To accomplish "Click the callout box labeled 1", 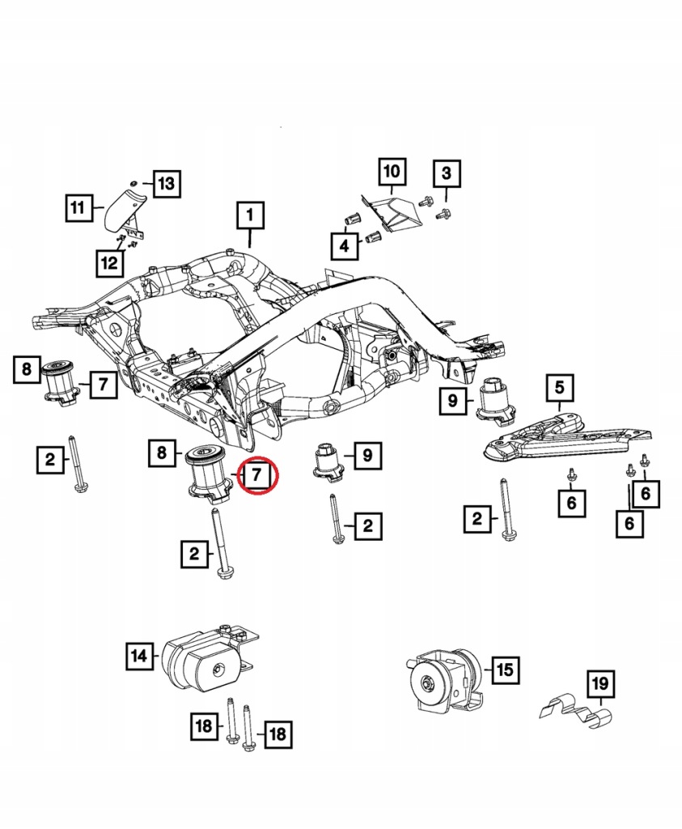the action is [x=250, y=215].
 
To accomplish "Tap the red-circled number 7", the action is [x=256, y=474].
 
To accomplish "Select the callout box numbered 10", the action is [x=392, y=172].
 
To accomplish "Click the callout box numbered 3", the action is [x=447, y=173].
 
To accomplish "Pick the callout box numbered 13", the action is [x=167, y=184].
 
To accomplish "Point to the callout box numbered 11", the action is [x=78, y=208].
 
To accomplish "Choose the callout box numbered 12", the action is [x=109, y=263].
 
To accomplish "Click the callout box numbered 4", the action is [x=345, y=245].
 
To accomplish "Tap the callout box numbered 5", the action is [x=559, y=388].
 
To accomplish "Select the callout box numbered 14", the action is [x=139, y=656].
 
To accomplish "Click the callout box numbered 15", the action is [x=505, y=670].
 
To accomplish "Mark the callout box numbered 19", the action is [x=600, y=683].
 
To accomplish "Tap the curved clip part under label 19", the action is [x=577, y=714].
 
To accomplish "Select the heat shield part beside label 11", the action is [x=125, y=210].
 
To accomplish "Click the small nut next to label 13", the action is [x=134, y=182].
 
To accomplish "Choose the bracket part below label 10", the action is [x=392, y=213].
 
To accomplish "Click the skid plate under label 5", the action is [x=567, y=435].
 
